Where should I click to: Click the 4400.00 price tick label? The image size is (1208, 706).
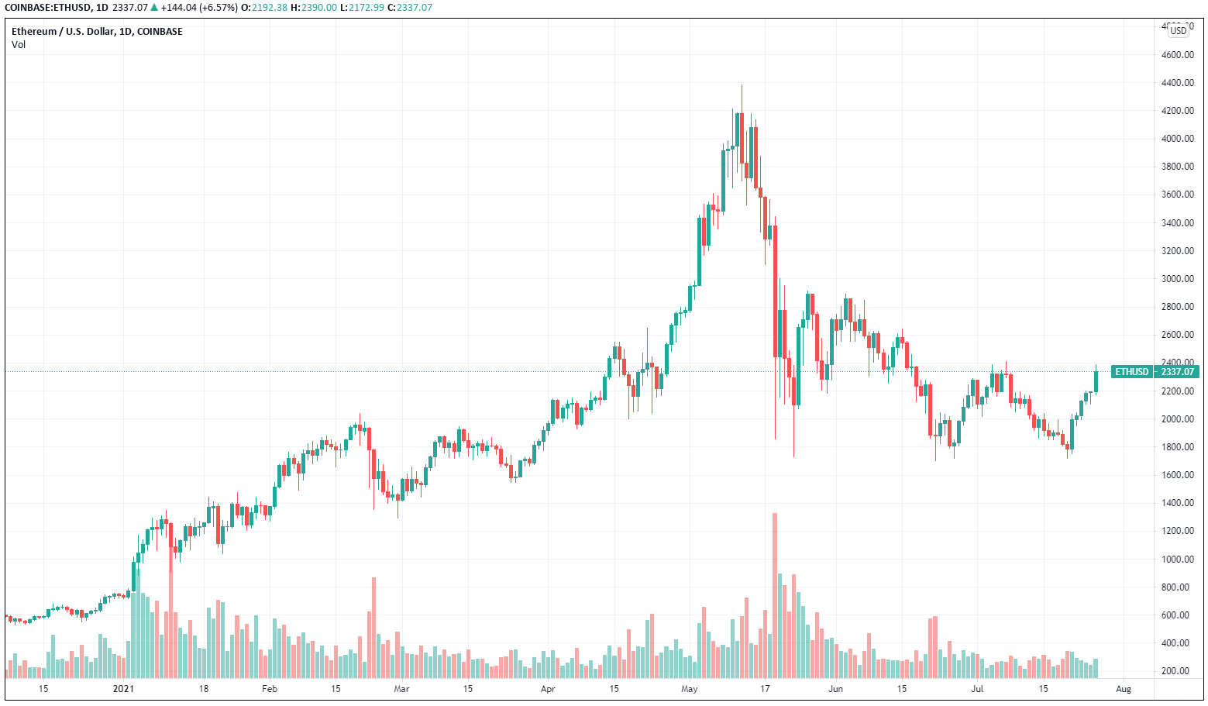(1177, 83)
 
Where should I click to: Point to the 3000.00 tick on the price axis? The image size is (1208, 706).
(1177, 279)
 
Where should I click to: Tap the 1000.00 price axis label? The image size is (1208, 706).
(1177, 560)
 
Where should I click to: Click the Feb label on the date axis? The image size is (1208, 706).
(269, 688)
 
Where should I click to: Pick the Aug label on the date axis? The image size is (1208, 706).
(1124, 688)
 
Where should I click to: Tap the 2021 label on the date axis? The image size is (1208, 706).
(123, 688)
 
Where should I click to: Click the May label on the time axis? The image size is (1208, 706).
(689, 688)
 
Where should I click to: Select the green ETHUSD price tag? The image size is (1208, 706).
(1154, 372)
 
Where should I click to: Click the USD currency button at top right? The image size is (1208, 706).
(1179, 31)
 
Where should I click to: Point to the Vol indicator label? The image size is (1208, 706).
(19, 45)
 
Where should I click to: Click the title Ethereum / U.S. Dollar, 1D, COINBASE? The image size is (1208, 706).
(97, 32)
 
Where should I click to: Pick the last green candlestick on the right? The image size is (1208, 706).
(1096, 381)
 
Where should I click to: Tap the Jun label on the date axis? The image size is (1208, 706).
(835, 688)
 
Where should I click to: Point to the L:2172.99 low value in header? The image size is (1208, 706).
(363, 8)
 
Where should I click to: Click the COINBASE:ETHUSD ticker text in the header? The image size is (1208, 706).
(46, 8)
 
